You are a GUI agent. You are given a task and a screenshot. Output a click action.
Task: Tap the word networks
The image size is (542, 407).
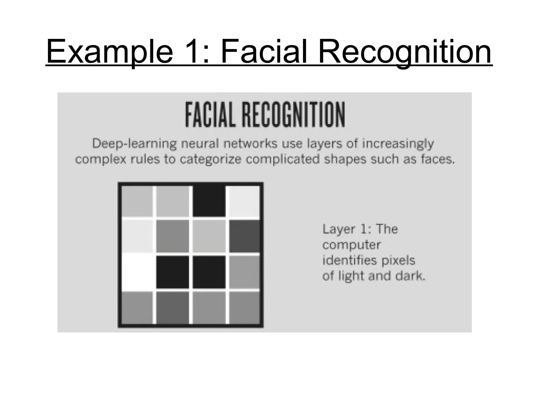pos(250,144)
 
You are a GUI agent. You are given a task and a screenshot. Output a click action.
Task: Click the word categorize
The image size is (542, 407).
pos(210,160)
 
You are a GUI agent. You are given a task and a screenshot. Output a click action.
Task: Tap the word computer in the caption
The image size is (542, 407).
pos(351,245)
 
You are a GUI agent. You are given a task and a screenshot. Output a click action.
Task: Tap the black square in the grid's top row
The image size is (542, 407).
pos(209,201)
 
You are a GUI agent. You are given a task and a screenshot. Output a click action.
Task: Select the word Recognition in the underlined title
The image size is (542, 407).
pos(405,52)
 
